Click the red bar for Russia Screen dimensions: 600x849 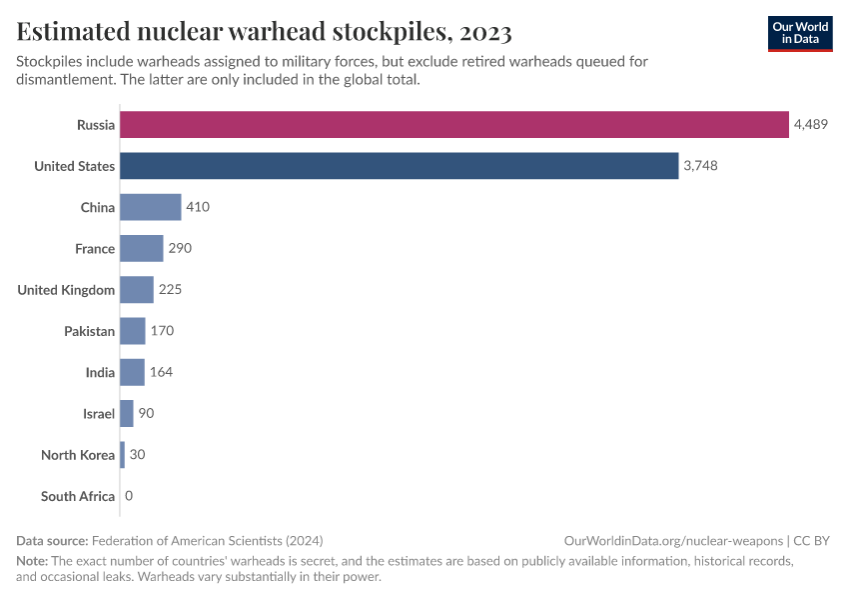coord(454,125)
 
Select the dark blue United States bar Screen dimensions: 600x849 coord(400,166)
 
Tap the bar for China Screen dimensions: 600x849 coord(151,207)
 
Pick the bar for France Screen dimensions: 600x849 coord(142,248)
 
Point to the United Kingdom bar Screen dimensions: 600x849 coord(137,290)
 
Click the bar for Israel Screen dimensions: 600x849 coord(127,413)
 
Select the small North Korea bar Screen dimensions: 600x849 coord(123,455)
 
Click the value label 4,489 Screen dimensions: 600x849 coord(811,125)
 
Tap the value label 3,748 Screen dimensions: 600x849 coord(700,166)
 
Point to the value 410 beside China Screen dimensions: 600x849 coord(198,207)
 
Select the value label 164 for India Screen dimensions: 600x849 coord(161,372)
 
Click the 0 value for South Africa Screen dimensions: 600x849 coord(129,496)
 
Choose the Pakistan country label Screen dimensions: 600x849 coord(89,331)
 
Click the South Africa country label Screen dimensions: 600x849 coord(78,496)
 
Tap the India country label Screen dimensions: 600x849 coord(100,372)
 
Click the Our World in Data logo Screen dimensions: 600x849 coord(800,33)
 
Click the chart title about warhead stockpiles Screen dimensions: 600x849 coord(265,32)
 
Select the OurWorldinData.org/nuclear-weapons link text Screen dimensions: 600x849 coord(673,540)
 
